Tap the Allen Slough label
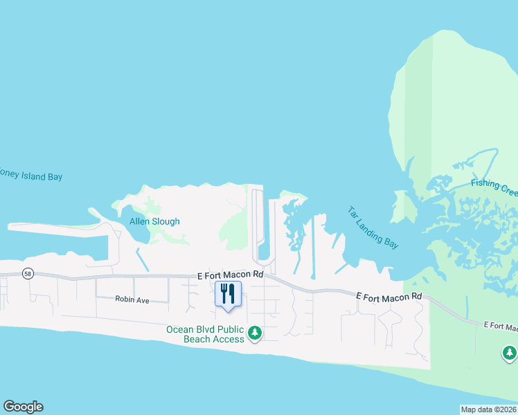pyautogui.click(x=154, y=221)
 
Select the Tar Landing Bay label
pyautogui.click(x=373, y=225)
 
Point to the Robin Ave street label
pyautogui.click(x=132, y=300)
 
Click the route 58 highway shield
pyautogui.click(x=28, y=273)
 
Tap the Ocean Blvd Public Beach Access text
pyautogui.click(x=205, y=334)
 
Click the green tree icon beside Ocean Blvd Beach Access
pyautogui.click(x=255, y=333)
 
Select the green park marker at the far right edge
pyautogui.click(x=510, y=353)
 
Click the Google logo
pyautogui.click(x=23, y=407)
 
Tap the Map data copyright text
pyautogui.click(x=489, y=409)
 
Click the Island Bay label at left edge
pyautogui.click(x=31, y=176)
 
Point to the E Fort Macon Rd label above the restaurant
pyautogui.click(x=230, y=275)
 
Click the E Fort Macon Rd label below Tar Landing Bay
pyautogui.click(x=388, y=296)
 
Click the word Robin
pyautogui.click(x=124, y=300)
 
